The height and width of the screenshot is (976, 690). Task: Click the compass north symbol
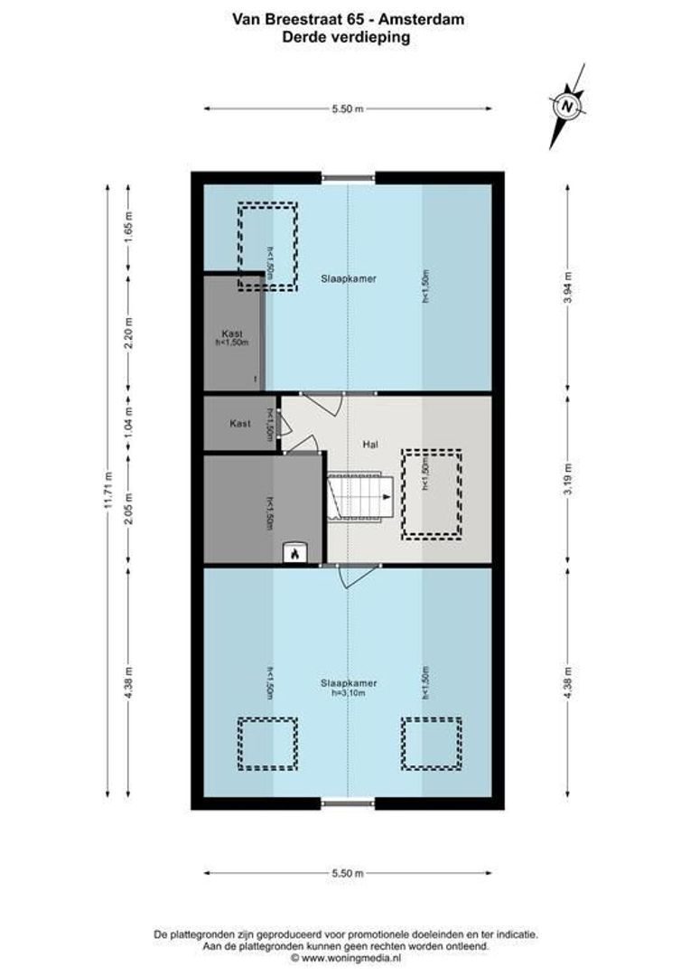tap(568, 106)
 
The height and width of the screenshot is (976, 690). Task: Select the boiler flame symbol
tap(294, 555)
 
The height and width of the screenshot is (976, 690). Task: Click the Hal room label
tap(370, 445)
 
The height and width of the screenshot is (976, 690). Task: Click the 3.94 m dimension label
tap(567, 288)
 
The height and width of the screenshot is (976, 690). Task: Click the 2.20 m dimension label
tap(128, 333)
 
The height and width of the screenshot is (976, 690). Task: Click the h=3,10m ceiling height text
tap(348, 693)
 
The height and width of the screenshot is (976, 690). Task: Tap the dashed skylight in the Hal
tap(432, 494)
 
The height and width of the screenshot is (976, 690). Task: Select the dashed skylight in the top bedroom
tap(267, 246)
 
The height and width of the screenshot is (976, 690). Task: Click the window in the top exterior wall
tap(349, 177)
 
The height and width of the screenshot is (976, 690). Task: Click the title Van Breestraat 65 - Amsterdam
tap(347, 18)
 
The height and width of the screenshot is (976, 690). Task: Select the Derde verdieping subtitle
tap(347, 37)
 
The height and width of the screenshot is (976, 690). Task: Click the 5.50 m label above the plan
tap(348, 108)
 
